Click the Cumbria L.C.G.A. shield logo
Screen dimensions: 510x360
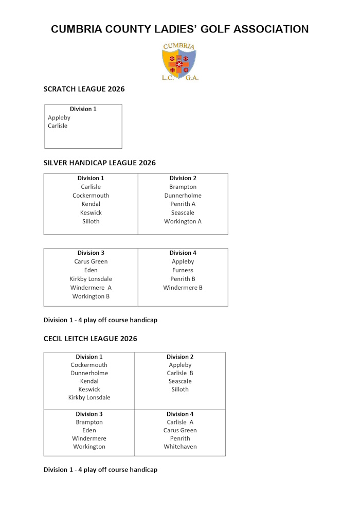[179, 62]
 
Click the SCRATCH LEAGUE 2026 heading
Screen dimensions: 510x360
[84, 89]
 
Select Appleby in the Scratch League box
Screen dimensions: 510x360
[59, 118]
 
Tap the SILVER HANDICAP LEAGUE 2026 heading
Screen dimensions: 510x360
[99, 163]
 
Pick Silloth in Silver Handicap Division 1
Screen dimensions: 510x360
[91, 221]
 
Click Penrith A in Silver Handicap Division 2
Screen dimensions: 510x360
[183, 204]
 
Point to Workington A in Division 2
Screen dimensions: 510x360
[183, 221]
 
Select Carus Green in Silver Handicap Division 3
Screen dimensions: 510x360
[91, 261]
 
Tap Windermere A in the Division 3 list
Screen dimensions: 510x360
[91, 288]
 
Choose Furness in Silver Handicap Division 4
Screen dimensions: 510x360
[183, 270]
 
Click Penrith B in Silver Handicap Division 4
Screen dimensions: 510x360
[183, 279]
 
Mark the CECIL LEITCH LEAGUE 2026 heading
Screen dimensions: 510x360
[90, 339]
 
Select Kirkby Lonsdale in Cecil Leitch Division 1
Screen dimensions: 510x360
[89, 398]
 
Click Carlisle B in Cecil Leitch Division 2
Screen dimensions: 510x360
[180, 373]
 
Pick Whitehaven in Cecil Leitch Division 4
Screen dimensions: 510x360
[180, 447]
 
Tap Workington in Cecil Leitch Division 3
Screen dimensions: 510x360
[89, 447]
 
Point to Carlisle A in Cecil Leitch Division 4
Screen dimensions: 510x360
[180, 423]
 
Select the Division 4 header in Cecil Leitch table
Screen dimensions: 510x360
[180, 414]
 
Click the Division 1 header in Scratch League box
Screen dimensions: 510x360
[83, 109]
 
